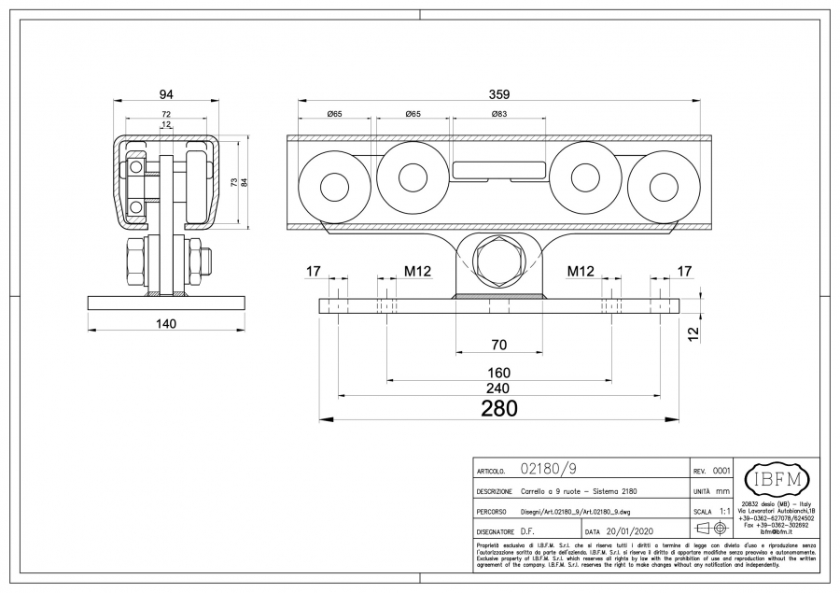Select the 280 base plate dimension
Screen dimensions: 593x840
click(498, 408)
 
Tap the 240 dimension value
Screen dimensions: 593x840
click(498, 388)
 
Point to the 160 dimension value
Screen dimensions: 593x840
click(498, 373)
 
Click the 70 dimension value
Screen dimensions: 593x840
click(498, 345)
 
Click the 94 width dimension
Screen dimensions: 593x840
click(166, 93)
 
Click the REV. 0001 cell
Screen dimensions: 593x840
click(712, 472)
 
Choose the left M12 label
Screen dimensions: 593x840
click(417, 272)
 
